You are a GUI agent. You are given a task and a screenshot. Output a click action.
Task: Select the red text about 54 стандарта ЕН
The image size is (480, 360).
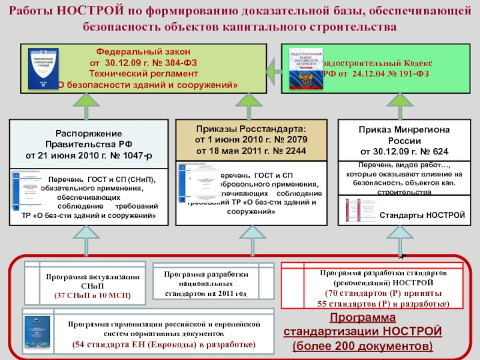click(x=164, y=344)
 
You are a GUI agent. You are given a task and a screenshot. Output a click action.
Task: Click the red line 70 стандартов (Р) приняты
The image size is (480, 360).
click(x=380, y=293)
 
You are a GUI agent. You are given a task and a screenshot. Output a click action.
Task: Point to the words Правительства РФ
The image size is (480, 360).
click(x=88, y=144)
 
